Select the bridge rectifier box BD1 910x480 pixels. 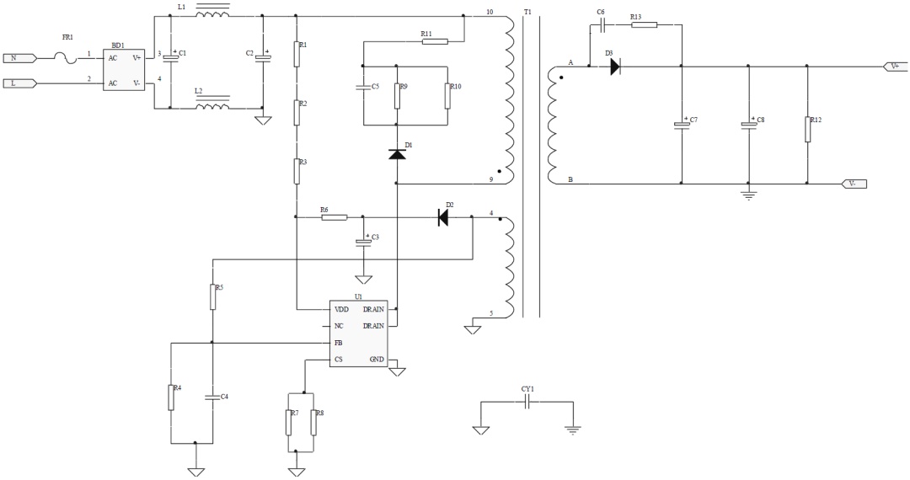coord(124,70)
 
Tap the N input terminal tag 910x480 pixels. coord(19,58)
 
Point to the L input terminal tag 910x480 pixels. coord(19,83)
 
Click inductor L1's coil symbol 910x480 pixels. coord(212,13)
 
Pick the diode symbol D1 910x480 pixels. coord(396,154)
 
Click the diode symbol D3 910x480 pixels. coord(615,67)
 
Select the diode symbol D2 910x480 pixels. coord(443,217)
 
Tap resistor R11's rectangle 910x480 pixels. coord(435,42)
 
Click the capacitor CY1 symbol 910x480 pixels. coord(527,403)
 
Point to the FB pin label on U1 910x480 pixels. coord(339,344)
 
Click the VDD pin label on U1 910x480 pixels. coord(342,310)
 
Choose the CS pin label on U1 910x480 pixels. coord(339,360)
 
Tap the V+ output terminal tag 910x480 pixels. coord(895,66)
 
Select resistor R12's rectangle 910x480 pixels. coord(807,130)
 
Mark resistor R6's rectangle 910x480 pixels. coord(334,217)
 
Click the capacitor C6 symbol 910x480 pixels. coord(602,25)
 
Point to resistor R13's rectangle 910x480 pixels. coord(644,25)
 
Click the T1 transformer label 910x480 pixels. coord(527,12)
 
